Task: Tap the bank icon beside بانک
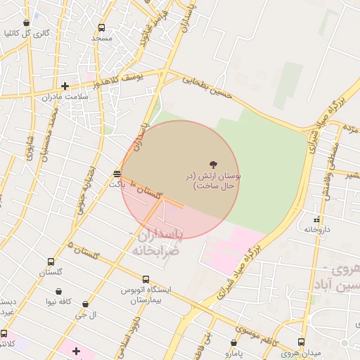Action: (x=117, y=173)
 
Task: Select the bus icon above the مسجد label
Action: (x=101, y=28)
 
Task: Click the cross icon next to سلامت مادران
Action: (x=65, y=86)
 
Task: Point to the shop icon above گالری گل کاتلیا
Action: (x=27, y=23)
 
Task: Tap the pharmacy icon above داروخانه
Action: (x=316, y=219)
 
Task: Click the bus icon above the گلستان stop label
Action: (x=51, y=262)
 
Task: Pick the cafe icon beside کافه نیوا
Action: (x=58, y=291)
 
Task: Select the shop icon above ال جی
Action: (x=86, y=304)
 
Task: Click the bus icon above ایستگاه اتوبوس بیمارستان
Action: (x=146, y=279)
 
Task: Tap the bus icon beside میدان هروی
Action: (x=302, y=342)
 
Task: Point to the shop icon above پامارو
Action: (x=234, y=342)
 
